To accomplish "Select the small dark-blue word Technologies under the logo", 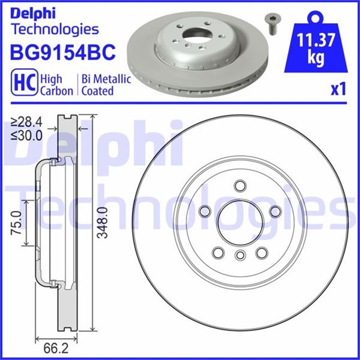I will click(55, 29).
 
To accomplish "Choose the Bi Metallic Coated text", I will click(106, 84).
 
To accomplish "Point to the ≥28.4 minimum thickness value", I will click(27, 122).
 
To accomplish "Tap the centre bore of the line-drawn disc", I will click(239, 222).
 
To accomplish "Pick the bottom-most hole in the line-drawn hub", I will click(240, 256).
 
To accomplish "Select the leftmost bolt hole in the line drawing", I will click(204, 210).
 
